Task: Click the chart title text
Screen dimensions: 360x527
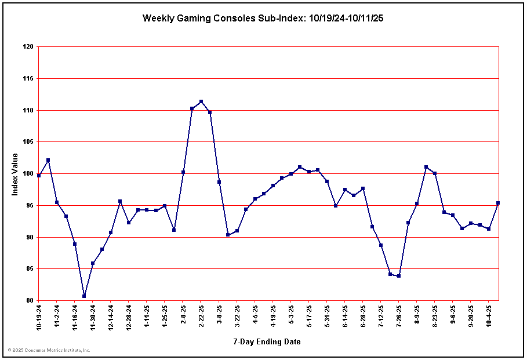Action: pyautogui.click(x=263, y=18)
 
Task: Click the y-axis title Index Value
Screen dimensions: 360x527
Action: pyautogui.click(x=15, y=174)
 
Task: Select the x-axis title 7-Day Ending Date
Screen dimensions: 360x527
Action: pyautogui.click(x=267, y=341)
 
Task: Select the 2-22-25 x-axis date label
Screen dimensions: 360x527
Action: pyautogui.click(x=201, y=316)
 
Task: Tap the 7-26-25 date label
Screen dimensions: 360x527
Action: pyautogui.click(x=399, y=316)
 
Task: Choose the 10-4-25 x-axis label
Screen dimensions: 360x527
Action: pyautogui.click(x=490, y=316)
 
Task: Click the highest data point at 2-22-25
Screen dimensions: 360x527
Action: pyautogui.click(x=201, y=101)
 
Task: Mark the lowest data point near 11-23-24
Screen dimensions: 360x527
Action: pyautogui.click(x=84, y=296)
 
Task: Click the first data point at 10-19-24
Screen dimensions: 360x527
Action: pyautogui.click(x=39, y=175)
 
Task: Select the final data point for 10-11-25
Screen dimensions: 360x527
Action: pyautogui.click(x=498, y=203)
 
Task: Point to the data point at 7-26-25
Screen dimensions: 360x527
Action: pyautogui.click(x=399, y=276)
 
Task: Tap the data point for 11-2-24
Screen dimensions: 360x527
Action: pyautogui.click(x=57, y=202)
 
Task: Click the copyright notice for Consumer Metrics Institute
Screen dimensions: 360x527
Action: pyautogui.click(x=49, y=350)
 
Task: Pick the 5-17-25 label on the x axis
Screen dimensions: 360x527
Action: pyautogui.click(x=310, y=316)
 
